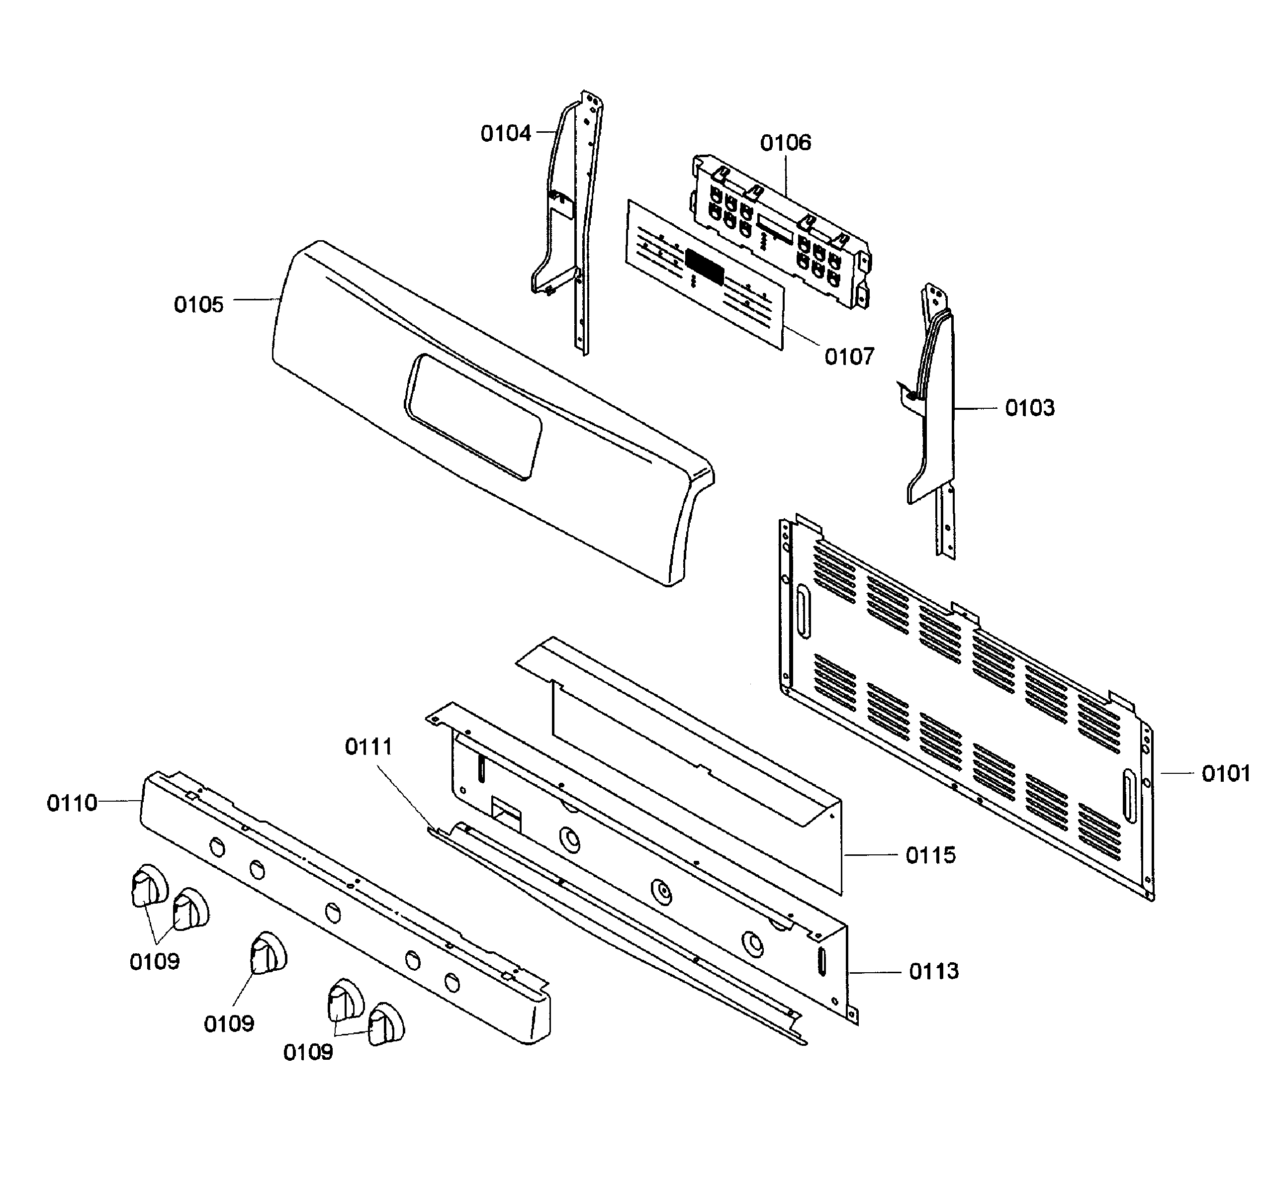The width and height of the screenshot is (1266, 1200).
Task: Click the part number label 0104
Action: (505, 134)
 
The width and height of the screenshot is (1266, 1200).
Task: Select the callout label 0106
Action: (785, 143)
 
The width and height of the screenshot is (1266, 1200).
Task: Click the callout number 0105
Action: (198, 304)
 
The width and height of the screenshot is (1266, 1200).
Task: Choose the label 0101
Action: (1225, 774)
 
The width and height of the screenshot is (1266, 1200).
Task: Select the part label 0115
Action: (930, 856)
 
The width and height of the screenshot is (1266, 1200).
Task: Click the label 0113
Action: (933, 972)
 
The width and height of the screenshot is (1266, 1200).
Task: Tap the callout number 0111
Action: (368, 747)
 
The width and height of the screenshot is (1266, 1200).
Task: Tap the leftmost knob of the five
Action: (148, 886)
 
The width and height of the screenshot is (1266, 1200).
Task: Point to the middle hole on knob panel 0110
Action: (332, 912)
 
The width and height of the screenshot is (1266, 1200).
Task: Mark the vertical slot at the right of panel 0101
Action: (1129, 796)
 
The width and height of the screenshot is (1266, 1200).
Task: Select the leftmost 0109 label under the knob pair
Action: (154, 961)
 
